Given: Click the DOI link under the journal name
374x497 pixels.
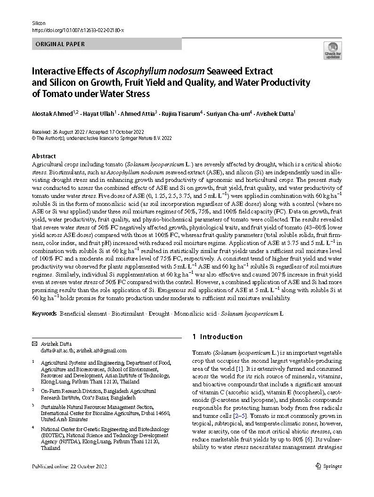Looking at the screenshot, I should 78,30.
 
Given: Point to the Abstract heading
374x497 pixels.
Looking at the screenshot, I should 44,156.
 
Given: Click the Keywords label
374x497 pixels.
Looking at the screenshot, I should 44,313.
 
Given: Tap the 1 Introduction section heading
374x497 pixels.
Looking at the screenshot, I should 218,337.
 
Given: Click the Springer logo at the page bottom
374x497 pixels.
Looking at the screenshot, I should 329,466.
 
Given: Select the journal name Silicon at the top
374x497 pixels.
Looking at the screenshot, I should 39,23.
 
